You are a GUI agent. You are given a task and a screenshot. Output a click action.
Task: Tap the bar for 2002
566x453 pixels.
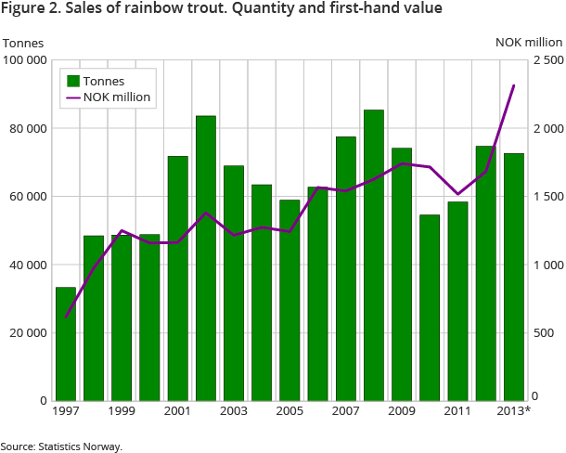(x=205, y=258)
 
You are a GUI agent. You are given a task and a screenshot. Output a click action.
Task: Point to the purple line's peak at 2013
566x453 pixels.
(x=514, y=85)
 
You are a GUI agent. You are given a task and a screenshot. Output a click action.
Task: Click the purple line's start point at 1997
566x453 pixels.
(x=65, y=317)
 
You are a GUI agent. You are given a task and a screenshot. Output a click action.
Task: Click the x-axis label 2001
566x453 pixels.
(x=177, y=410)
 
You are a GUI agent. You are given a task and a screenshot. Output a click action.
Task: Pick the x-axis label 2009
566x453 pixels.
(x=402, y=410)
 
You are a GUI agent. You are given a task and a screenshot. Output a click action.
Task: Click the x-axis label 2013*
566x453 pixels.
(x=514, y=410)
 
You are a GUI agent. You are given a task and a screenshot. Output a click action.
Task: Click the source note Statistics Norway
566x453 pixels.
(x=61, y=447)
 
